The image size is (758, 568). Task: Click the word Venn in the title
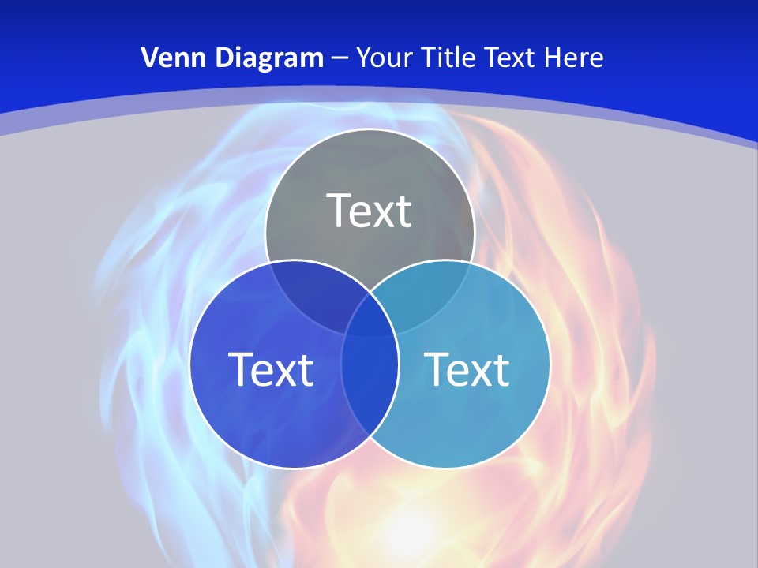click(167, 58)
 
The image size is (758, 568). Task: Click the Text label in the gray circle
click(370, 211)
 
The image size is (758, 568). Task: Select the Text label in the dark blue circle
click(271, 369)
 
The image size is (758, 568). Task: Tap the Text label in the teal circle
click(467, 369)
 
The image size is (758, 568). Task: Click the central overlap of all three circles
click(370, 316)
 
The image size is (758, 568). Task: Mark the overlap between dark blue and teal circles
click(370, 379)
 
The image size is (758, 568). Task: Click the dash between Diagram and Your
click(340, 58)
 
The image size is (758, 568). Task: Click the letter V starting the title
click(148, 58)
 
